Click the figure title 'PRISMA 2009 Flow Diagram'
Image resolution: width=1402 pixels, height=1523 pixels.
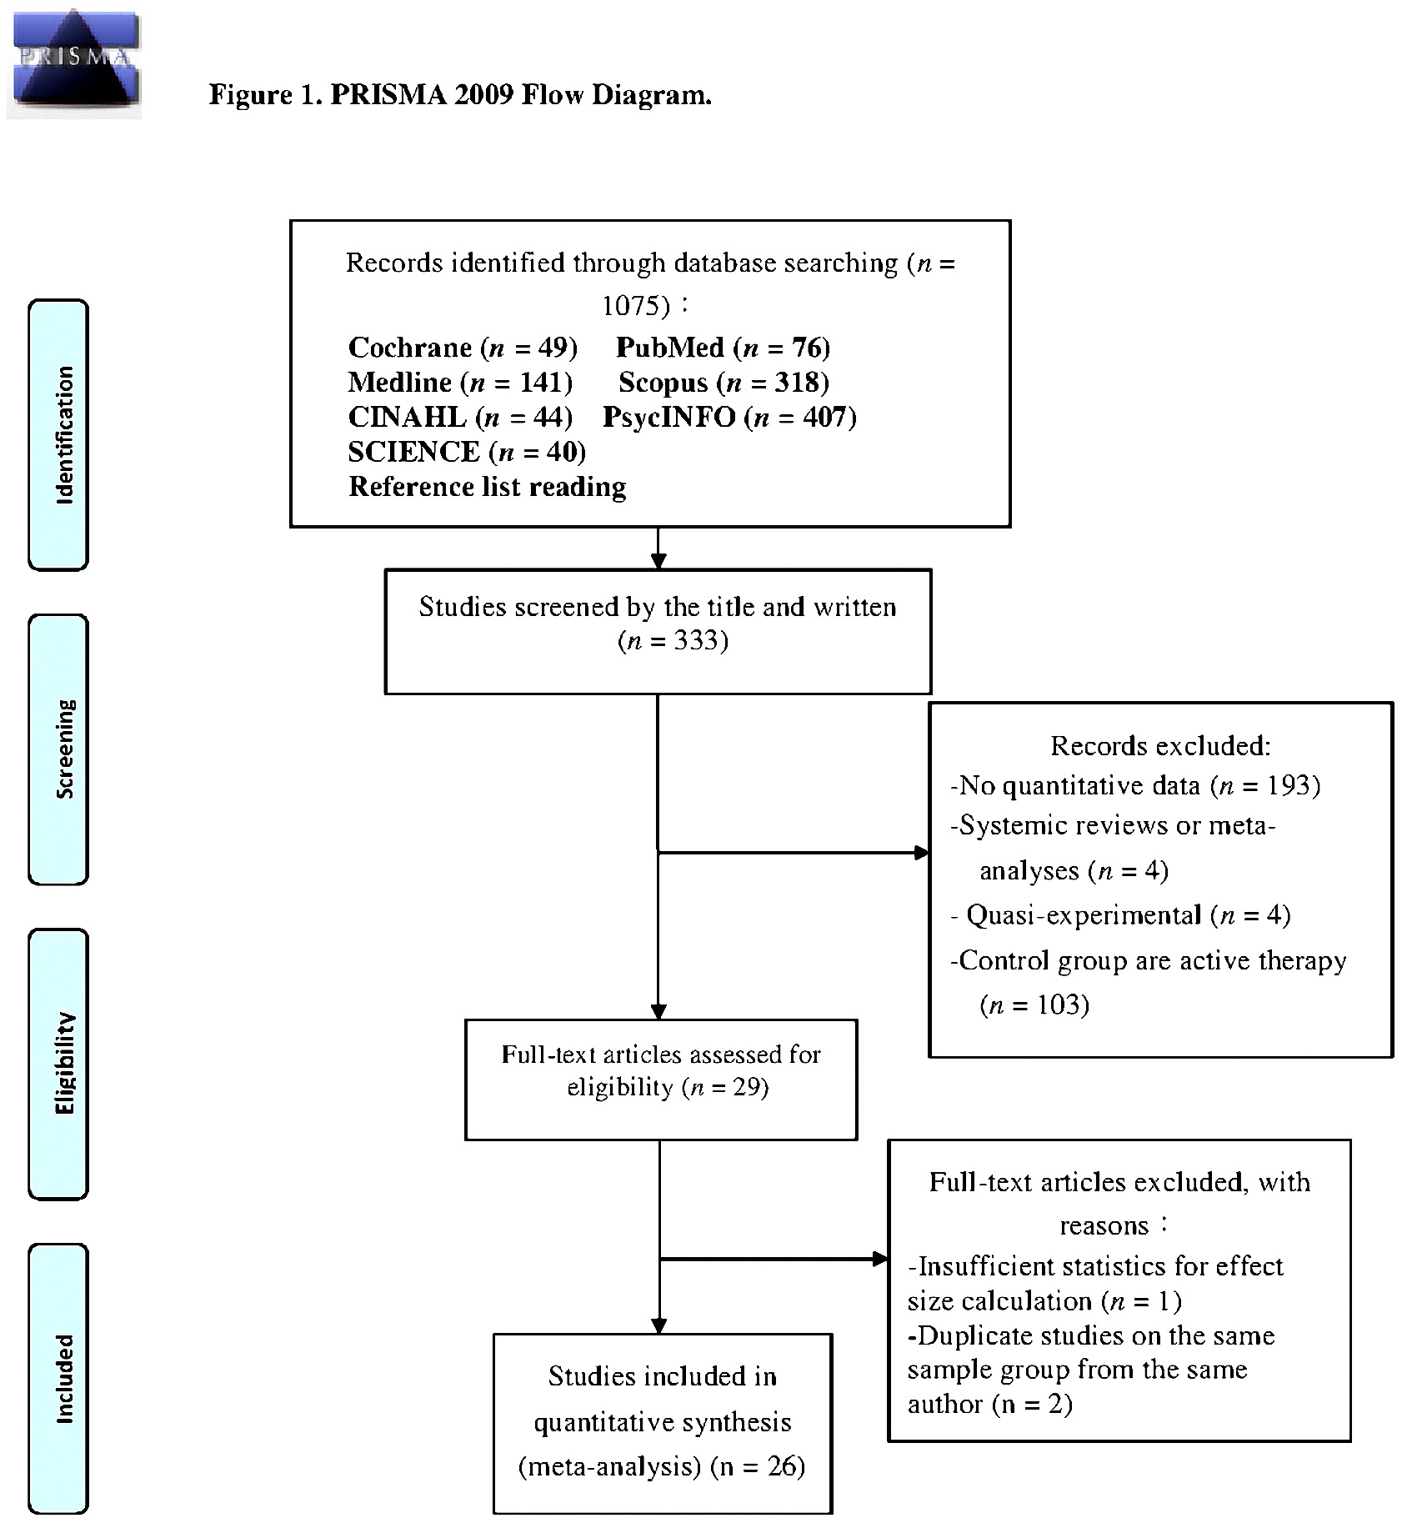(x=460, y=95)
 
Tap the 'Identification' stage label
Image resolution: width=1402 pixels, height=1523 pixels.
(x=59, y=434)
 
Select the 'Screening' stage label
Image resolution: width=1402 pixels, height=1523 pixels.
(x=59, y=749)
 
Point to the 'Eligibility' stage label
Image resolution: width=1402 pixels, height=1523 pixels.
(x=59, y=1063)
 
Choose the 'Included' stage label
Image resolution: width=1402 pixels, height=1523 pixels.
(x=59, y=1378)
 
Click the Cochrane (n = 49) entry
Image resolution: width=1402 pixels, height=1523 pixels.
(x=463, y=347)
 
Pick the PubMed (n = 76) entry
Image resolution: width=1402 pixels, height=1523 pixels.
(x=723, y=347)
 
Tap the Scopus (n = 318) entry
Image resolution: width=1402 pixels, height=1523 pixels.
(x=724, y=382)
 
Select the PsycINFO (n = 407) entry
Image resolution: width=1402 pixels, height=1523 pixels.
(x=729, y=417)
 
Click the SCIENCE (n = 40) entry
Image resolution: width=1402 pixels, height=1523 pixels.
(x=467, y=452)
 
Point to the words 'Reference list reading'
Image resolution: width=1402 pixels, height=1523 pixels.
(x=488, y=487)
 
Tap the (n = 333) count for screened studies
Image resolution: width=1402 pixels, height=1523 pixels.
(x=673, y=640)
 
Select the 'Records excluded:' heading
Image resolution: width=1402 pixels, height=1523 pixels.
(x=1160, y=745)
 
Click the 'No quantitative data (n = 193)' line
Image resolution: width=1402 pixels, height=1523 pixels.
(x=1135, y=785)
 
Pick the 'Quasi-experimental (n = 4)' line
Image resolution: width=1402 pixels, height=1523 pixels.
(x=1122, y=915)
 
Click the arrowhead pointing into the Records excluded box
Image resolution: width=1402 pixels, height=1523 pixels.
(x=922, y=852)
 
